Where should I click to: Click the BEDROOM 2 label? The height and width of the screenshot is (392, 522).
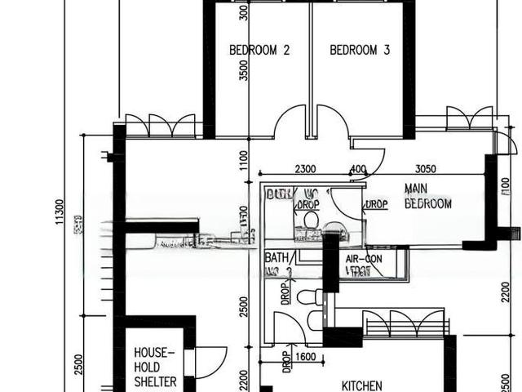[x=259, y=50]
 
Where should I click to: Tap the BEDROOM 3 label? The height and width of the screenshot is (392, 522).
[x=360, y=50]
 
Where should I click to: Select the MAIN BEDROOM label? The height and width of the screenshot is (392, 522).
[x=428, y=196]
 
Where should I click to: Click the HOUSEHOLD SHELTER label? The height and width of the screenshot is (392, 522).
[x=155, y=367]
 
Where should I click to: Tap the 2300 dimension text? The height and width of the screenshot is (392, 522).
[x=305, y=169]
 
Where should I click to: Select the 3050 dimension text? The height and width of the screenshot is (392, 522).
[x=426, y=169]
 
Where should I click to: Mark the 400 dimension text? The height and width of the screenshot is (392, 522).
[x=357, y=169]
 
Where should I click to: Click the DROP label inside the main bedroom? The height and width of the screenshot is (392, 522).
[x=376, y=205]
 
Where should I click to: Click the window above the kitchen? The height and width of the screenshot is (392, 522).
[x=405, y=323]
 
